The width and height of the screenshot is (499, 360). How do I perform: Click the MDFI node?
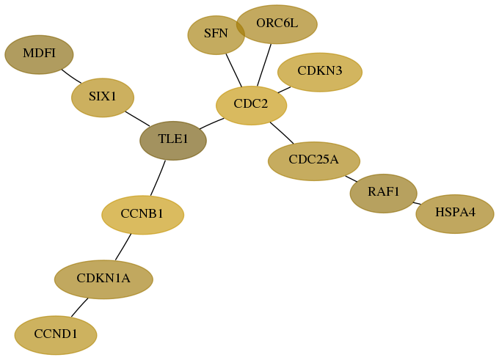click(x=39, y=55)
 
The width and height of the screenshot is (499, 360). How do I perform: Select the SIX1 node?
click(x=103, y=98)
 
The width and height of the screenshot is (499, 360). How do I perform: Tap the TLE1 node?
click(x=173, y=141)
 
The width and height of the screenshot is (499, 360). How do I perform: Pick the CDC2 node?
click(x=252, y=106)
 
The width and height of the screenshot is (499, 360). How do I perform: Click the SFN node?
click(x=216, y=35)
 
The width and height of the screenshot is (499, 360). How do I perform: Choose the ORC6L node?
click(x=277, y=24)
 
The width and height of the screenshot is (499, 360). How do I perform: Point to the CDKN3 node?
click(x=320, y=72)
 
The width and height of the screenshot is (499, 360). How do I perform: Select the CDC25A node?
click(x=314, y=161)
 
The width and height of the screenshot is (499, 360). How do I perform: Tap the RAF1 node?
click(x=384, y=194)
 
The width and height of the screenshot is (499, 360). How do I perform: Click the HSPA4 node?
click(x=455, y=213)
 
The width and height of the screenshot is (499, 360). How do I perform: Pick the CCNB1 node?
click(x=142, y=215)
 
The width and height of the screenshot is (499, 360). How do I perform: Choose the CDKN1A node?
click(x=103, y=279)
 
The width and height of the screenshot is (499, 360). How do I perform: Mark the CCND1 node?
click(x=56, y=335)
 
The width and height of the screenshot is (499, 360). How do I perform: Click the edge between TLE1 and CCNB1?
click(x=159, y=177)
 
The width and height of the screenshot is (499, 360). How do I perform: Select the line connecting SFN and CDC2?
click(x=234, y=70)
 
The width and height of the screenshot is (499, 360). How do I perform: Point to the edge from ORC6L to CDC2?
click(x=264, y=65)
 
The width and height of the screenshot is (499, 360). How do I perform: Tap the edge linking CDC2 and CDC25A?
click(x=282, y=133)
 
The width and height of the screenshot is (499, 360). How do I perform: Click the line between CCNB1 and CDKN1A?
click(x=123, y=247)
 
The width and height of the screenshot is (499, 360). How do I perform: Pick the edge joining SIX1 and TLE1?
click(x=137, y=119)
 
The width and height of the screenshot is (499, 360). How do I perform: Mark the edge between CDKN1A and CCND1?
click(x=79, y=307)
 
